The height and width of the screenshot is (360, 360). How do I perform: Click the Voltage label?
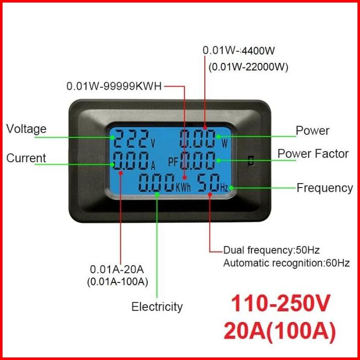(26, 129)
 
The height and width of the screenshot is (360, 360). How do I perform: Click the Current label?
(26, 158)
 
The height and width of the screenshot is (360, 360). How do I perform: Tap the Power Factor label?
(313, 154)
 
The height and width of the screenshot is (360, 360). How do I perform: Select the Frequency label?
(325, 188)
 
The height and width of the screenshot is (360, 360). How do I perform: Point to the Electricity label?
(157, 306)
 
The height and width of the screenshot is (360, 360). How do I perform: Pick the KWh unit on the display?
(184, 187)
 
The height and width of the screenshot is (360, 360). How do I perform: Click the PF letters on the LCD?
(173, 162)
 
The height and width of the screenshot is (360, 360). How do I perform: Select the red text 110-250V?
(280, 304)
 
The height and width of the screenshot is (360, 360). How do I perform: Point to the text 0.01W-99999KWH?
(114, 86)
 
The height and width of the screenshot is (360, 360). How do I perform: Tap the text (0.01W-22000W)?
(248, 66)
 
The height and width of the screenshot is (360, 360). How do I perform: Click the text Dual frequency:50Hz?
(271, 250)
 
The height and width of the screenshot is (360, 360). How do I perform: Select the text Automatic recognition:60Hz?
(286, 263)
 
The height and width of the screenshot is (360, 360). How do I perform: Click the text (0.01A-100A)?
(118, 282)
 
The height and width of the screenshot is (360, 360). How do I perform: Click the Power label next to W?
(312, 130)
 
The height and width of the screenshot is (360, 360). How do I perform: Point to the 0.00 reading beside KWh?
(157, 184)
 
